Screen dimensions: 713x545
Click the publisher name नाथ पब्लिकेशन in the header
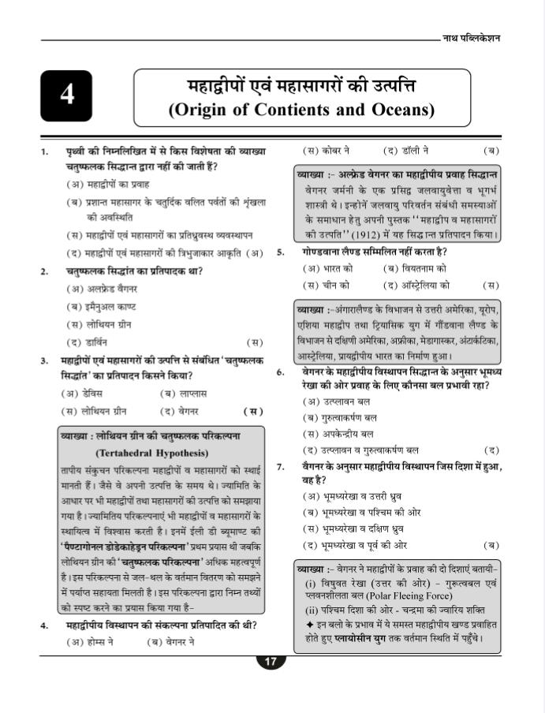tap(472, 39)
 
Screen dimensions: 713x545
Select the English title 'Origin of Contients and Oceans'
tap(301, 109)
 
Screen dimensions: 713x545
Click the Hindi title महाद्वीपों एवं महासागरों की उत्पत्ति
tap(301, 84)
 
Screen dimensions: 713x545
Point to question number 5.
tap(281, 253)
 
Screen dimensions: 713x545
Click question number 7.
tap(281, 466)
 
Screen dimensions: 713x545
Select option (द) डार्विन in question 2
tap(88, 342)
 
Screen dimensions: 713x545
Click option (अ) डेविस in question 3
tap(88, 393)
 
